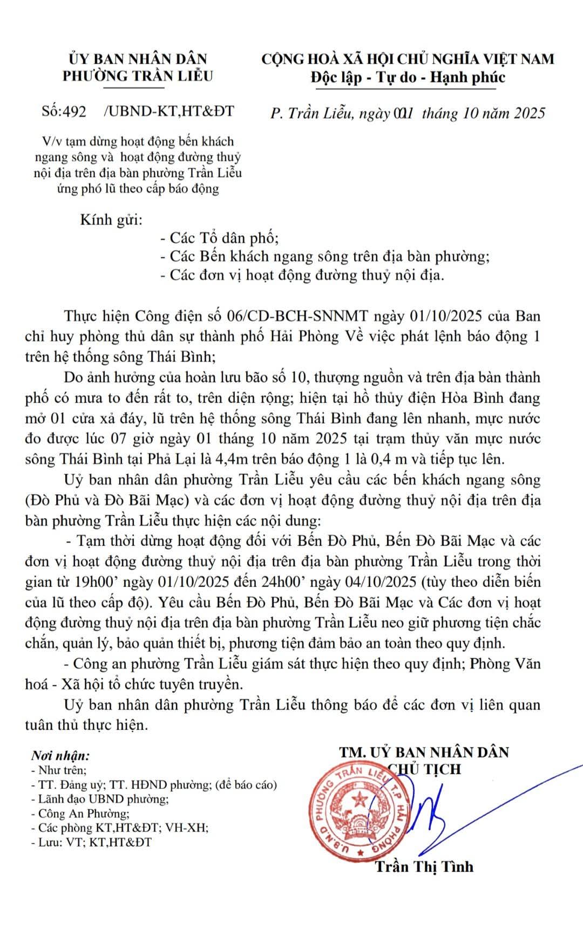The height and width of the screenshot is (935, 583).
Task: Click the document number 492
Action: [75, 112]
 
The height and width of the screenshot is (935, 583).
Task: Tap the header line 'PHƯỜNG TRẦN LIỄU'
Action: [137, 76]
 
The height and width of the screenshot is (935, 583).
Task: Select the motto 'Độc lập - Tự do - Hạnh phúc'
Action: [408, 77]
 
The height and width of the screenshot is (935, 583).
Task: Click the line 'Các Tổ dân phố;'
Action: [219, 237]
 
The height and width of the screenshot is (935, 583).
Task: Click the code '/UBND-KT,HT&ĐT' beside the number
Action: [168, 112]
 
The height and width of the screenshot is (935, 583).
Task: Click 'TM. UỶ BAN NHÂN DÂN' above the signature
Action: [424, 752]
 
